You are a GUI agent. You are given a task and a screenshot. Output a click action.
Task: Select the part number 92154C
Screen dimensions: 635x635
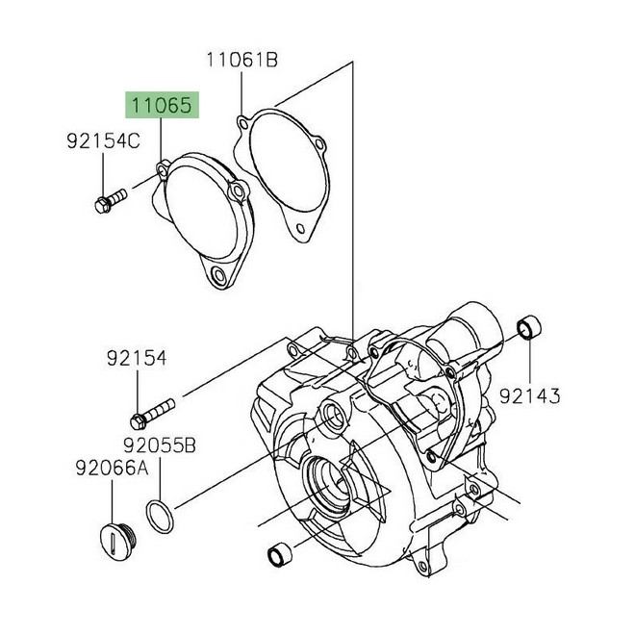click(103, 142)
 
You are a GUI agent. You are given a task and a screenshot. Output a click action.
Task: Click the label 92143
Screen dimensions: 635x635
click(529, 394)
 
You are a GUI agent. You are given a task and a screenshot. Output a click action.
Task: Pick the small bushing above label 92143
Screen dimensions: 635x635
click(530, 330)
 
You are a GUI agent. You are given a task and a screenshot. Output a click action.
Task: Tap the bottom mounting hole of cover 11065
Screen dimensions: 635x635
click(222, 277)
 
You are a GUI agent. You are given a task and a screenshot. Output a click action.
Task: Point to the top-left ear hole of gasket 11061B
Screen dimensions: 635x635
click(241, 122)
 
